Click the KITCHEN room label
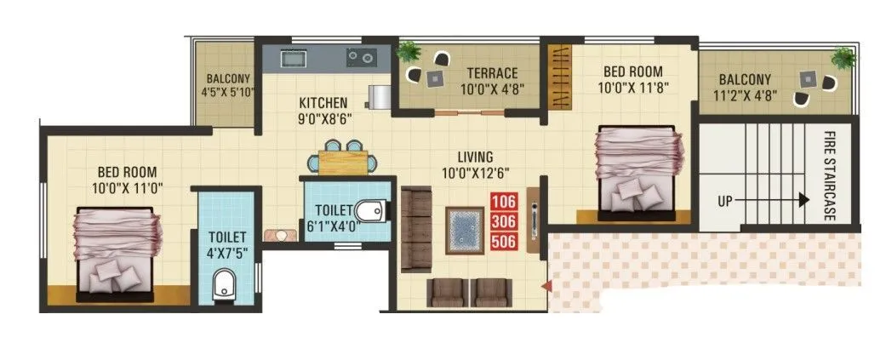click(x=323, y=103)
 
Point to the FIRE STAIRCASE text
click(x=828, y=176)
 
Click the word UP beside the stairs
click(x=725, y=202)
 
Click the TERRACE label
click(x=491, y=73)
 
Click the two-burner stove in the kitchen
click(x=362, y=58)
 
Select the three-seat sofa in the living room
click(x=417, y=226)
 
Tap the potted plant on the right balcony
click(x=843, y=57)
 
